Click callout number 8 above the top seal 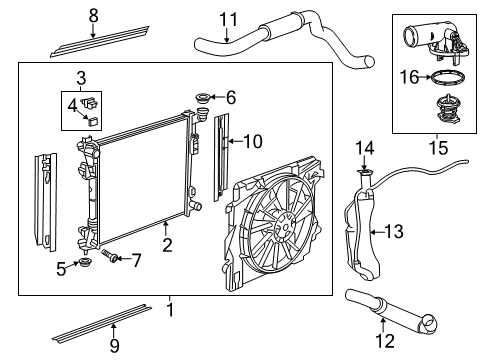(94, 15)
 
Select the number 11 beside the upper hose (229, 20)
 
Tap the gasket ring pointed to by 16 (448, 78)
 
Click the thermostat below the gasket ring (449, 110)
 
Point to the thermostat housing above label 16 (437, 43)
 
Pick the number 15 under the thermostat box (438, 148)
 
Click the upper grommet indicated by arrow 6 (202, 98)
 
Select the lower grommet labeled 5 (84, 263)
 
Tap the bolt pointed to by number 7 (110, 256)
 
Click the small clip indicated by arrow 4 (93, 121)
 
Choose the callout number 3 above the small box (81, 79)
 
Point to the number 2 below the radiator (167, 245)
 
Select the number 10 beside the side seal (253, 141)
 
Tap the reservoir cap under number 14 (365, 172)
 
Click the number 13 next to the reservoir (394, 231)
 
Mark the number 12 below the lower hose (385, 341)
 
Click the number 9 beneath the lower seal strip (114, 346)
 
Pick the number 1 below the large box (170, 310)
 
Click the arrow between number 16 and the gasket (425, 77)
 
